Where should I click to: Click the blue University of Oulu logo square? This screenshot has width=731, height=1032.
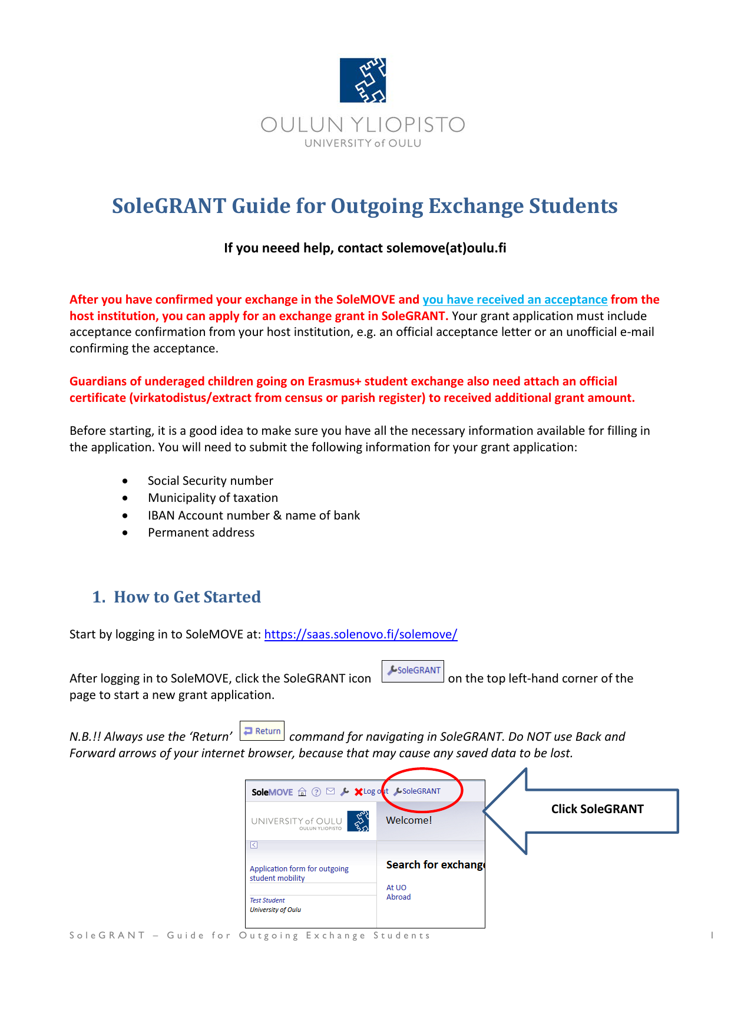tap(363, 80)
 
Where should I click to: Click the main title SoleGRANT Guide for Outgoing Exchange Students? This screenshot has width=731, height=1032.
tap(365, 206)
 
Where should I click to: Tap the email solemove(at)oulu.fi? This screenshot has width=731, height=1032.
tap(446, 248)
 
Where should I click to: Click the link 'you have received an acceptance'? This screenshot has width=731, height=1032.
tap(514, 299)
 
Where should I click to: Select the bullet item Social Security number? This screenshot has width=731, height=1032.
tap(210, 481)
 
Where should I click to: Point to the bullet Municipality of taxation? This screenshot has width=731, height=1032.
tap(213, 498)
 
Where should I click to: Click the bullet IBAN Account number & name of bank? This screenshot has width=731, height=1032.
tap(253, 515)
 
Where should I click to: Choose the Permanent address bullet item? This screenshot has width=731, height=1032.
tap(201, 532)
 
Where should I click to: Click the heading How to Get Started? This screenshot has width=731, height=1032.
tap(187, 597)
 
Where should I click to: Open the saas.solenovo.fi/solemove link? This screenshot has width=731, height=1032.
tap(360, 634)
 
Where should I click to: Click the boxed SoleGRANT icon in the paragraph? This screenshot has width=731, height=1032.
tap(413, 671)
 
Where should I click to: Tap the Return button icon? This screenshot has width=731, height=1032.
tap(262, 731)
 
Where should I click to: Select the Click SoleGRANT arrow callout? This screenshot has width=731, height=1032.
tap(597, 810)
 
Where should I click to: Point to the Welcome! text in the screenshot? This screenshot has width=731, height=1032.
tap(409, 820)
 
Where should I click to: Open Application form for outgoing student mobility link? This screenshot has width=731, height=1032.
tap(299, 873)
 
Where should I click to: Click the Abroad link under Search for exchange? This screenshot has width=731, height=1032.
tap(398, 897)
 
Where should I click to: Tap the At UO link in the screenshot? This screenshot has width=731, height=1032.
tap(396, 888)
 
